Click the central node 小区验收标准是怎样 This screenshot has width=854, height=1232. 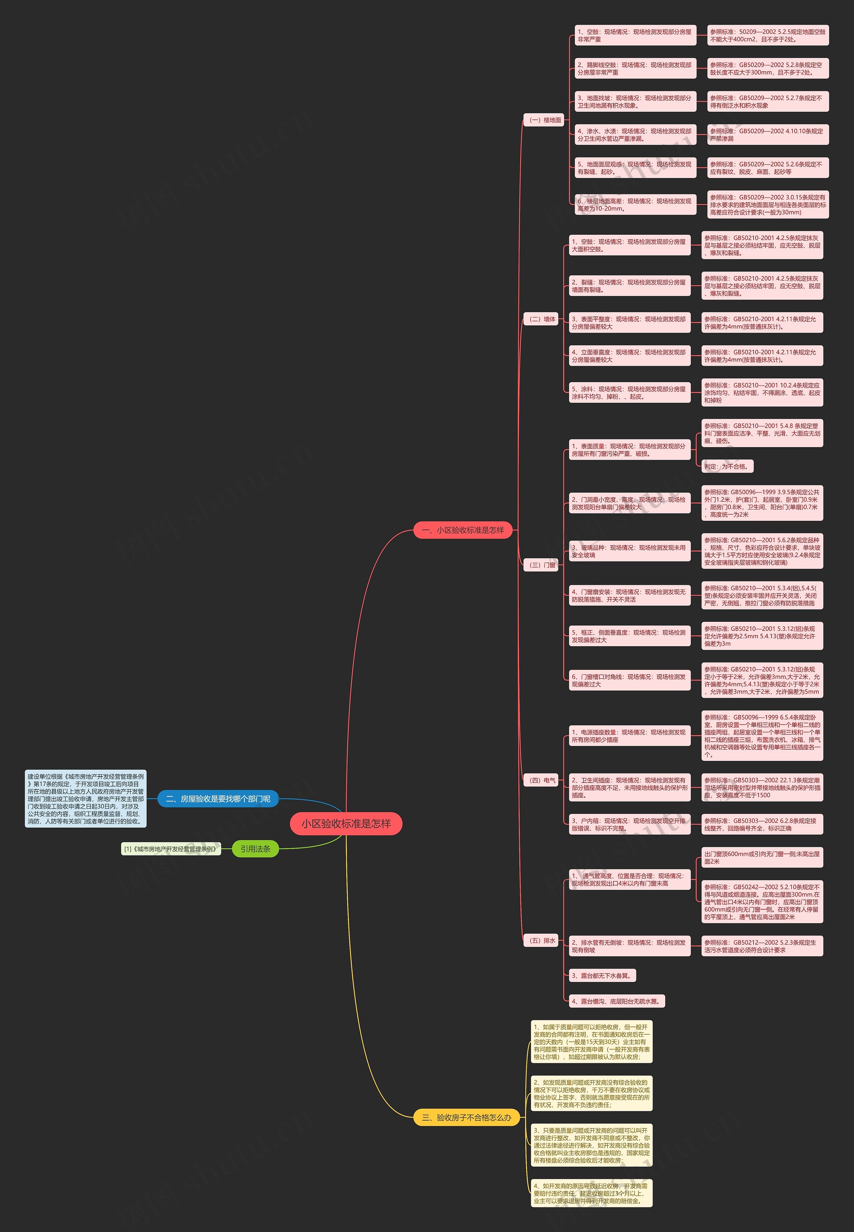coord(346,824)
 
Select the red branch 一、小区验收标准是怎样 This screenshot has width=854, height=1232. coord(463,530)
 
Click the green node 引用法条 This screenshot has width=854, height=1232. coord(255,849)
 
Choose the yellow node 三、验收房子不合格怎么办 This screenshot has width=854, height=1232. coord(467,1117)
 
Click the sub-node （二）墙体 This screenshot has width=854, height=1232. coord(542,319)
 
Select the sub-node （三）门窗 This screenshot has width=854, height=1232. coord(542,565)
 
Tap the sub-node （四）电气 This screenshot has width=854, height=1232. coord(542,780)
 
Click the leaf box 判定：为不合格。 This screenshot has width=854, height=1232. coord(727,466)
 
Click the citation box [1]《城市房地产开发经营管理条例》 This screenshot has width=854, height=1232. coord(171,849)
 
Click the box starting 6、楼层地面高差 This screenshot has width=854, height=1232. coord(635,205)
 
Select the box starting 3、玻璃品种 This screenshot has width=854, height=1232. coord(629,551)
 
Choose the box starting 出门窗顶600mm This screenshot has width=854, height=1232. coord(762,857)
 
